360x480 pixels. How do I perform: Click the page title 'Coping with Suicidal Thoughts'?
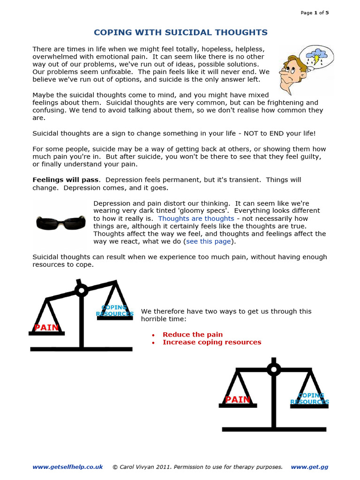(x=180, y=32)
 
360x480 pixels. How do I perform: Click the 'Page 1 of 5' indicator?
(x=315, y=13)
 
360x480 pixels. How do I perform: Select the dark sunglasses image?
(x=60, y=222)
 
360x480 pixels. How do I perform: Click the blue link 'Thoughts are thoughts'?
(x=196, y=218)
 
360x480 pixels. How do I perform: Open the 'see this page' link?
(x=209, y=241)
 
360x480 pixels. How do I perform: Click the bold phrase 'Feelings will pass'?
(x=65, y=180)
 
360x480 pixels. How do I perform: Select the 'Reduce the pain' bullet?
(x=193, y=335)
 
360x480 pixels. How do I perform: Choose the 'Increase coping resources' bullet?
(x=212, y=342)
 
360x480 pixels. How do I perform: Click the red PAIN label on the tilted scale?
(x=46, y=328)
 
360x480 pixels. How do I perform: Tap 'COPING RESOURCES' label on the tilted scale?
(x=115, y=311)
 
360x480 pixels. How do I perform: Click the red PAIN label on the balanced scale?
(x=238, y=399)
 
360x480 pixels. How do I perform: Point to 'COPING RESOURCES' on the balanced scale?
(x=309, y=399)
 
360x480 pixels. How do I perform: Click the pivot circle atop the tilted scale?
(x=82, y=291)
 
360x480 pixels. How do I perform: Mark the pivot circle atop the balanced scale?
(x=273, y=369)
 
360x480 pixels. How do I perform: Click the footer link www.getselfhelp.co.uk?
(x=67, y=467)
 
